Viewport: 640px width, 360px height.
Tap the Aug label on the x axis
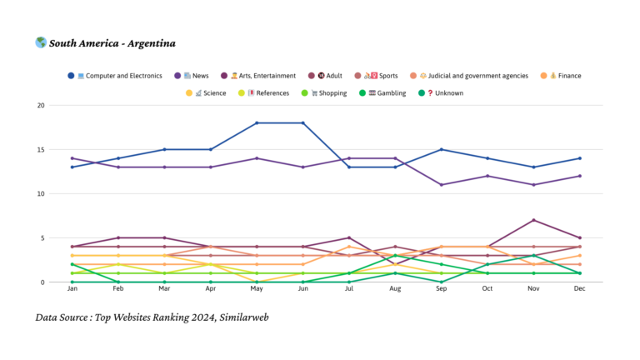[x=395, y=289]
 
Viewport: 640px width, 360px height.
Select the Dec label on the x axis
[x=580, y=289]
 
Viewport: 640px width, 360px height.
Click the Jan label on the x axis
[x=72, y=289]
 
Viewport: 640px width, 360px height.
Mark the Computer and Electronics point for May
[x=257, y=123]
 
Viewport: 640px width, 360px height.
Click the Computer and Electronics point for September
[x=441, y=150]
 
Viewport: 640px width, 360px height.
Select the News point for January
[x=72, y=158]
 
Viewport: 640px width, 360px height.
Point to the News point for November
[x=533, y=185]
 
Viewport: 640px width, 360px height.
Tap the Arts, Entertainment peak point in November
[x=533, y=220]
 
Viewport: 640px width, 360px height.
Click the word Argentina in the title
[x=150, y=43]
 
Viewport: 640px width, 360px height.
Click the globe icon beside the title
[x=41, y=42]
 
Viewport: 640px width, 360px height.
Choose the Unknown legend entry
[x=444, y=93]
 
